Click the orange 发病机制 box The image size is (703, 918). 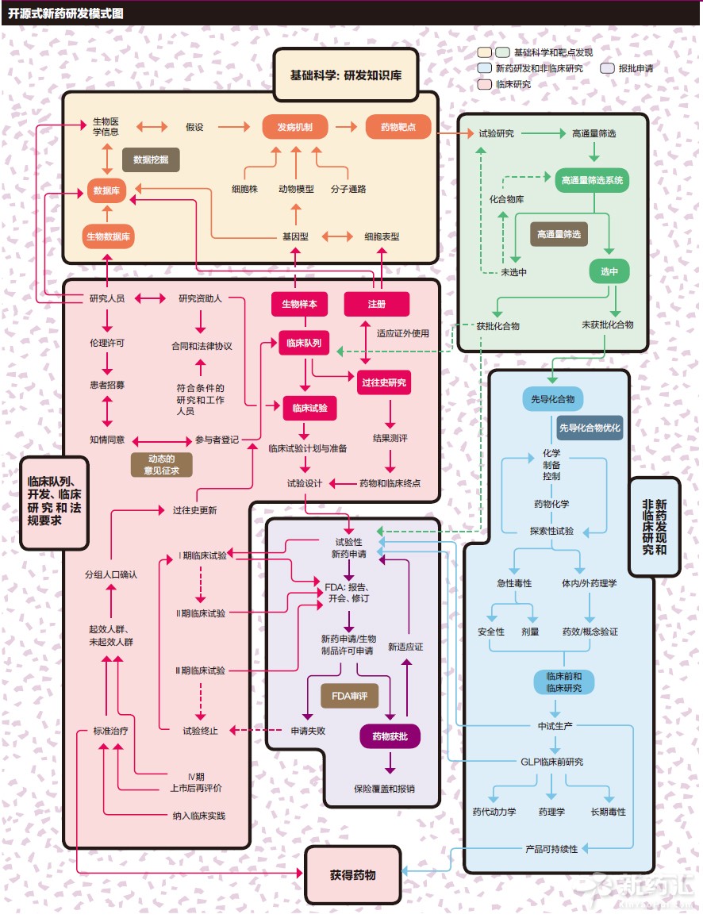pyautogui.click(x=295, y=127)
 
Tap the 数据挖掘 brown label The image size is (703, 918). pyautogui.click(x=151, y=159)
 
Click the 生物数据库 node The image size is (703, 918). pyautogui.click(x=109, y=236)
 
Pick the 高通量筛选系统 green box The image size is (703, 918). pyautogui.click(x=591, y=180)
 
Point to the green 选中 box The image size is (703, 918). pyautogui.click(x=609, y=271)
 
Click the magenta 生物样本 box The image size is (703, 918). pyautogui.click(x=299, y=304)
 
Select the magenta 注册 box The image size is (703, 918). pyautogui.click(x=376, y=304)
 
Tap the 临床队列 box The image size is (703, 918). pyautogui.click(x=304, y=344)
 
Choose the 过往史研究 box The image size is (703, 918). pyautogui.click(x=384, y=382)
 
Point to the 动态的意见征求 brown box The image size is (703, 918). pyautogui.click(x=161, y=465)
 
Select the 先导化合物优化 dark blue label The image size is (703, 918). pyautogui.click(x=590, y=428)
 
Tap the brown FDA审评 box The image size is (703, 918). pyautogui.click(x=349, y=697)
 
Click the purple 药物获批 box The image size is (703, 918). pyautogui.click(x=390, y=736)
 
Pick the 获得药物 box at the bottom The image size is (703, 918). pyautogui.click(x=353, y=875)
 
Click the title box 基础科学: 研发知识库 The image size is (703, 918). pyautogui.click(x=345, y=75)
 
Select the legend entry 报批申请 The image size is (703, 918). pyautogui.click(x=634, y=68)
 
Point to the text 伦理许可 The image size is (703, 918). pyautogui.click(x=107, y=344)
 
